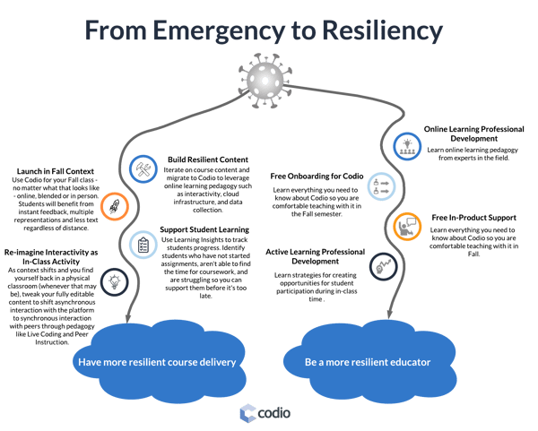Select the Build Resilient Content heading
(203, 156)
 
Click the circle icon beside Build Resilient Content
(142, 168)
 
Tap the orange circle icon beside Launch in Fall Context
(114, 208)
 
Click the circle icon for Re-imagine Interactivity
(113, 280)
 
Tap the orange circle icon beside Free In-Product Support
(407, 225)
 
